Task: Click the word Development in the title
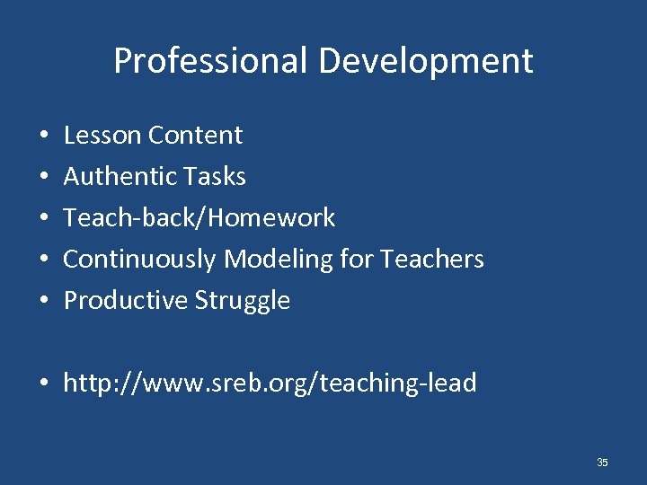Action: pos(425,61)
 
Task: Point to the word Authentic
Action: pos(117,177)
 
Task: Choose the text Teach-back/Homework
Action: pos(199,218)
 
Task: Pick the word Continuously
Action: pos(139,260)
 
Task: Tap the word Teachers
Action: pos(432,260)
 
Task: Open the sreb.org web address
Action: pos(270,384)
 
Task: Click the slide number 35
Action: pos(602,463)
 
